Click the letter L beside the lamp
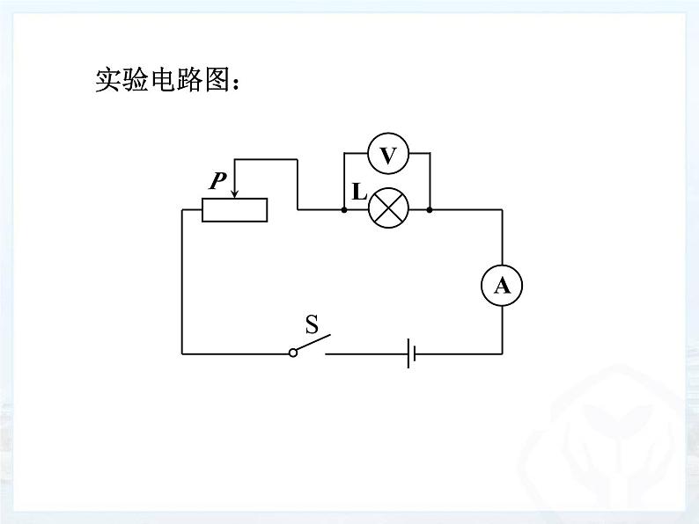(359, 192)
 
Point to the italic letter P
(218, 180)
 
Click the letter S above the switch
(312, 324)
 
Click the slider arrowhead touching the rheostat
(234, 193)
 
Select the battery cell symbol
(411, 353)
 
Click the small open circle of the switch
(293, 353)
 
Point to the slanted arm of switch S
(313, 343)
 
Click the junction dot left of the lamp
(344, 209)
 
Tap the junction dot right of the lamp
(430, 209)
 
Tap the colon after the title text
(236, 84)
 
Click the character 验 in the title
(136, 80)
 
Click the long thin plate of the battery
(408, 353)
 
